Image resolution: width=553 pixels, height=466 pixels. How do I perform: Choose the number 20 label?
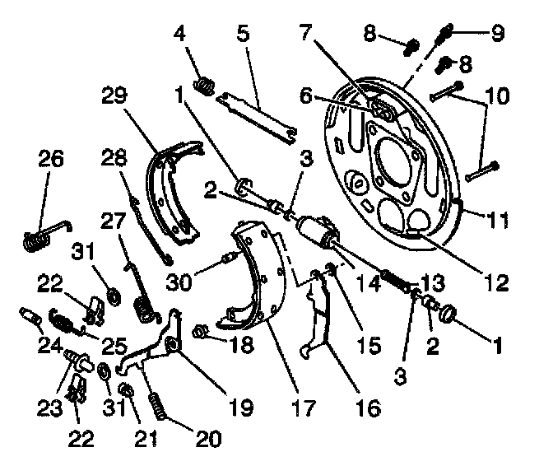(x=209, y=438)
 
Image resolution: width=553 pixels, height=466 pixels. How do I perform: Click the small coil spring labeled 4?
(x=202, y=84)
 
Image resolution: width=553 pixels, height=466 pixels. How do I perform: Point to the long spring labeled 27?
(x=142, y=288)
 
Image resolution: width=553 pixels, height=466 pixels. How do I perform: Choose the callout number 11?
(x=498, y=220)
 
